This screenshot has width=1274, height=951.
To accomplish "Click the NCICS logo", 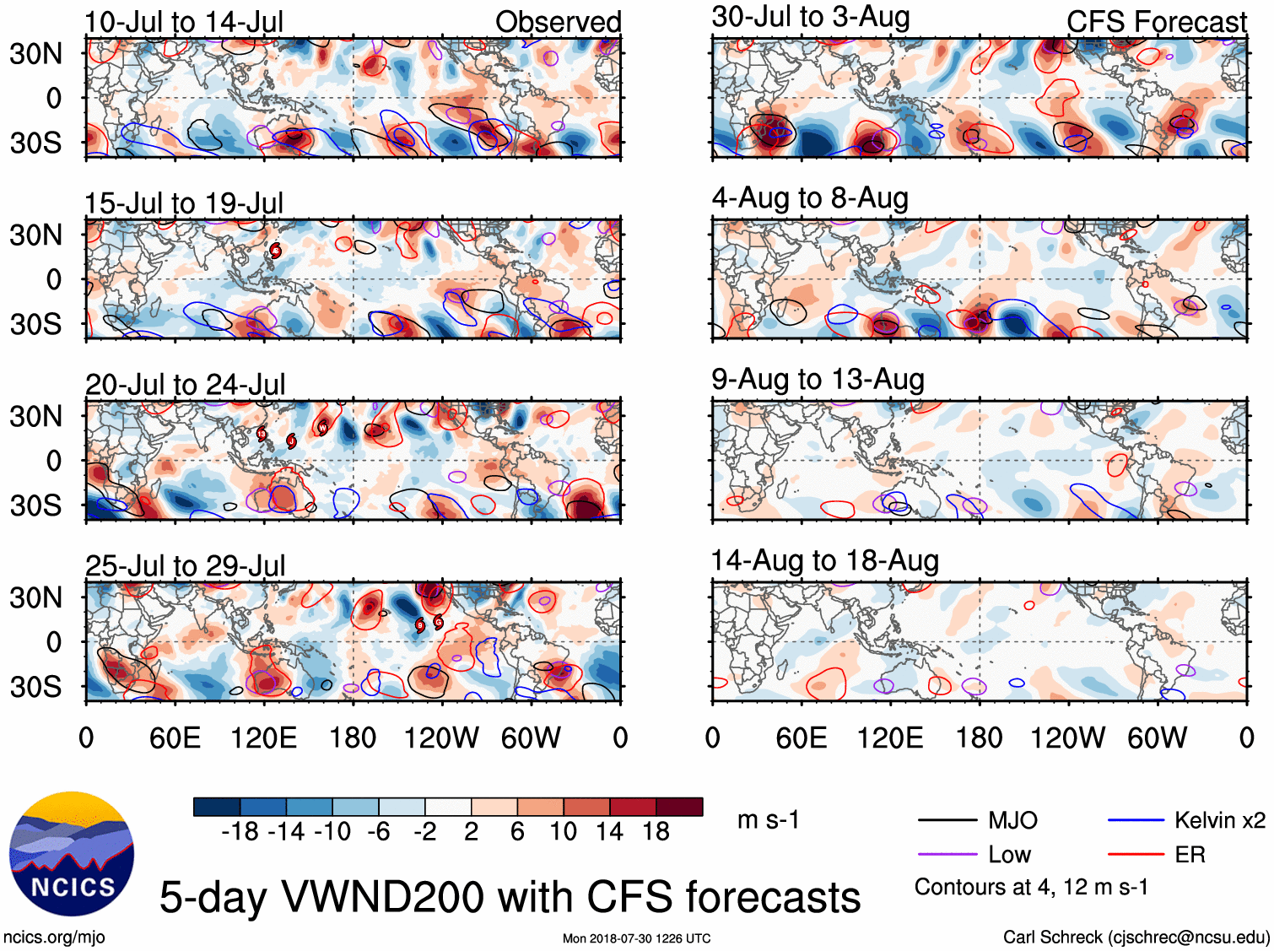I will point(72,853).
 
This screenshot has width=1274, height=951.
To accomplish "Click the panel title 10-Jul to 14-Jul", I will point(184,23).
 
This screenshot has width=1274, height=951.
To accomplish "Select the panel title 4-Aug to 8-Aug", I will point(810,198).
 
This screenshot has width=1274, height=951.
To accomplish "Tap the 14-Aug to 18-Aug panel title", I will point(824,561).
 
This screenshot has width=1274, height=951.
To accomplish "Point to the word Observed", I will point(558,23).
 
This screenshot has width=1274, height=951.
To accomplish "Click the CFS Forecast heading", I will point(1156,23).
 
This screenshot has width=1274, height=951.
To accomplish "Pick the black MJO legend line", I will point(947,819).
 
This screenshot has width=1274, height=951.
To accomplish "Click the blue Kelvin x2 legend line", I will point(1136,819).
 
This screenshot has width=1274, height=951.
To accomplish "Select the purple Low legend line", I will point(947,855).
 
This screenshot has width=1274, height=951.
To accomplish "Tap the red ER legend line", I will point(1136,855).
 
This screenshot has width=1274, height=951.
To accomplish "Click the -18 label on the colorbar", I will point(240,832).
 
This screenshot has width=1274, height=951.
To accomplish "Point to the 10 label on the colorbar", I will point(563,832).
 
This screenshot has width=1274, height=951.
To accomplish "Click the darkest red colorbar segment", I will point(679,807).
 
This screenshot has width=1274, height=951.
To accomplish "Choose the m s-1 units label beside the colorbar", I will point(768,820).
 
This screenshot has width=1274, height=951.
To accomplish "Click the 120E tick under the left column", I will point(263,738).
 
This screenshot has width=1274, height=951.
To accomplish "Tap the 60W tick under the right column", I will point(1157,738).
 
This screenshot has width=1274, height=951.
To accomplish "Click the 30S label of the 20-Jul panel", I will point(35,505).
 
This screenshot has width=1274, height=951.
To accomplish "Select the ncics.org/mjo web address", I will point(54,937).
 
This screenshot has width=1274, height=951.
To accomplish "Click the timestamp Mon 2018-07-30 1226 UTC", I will point(636,938).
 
